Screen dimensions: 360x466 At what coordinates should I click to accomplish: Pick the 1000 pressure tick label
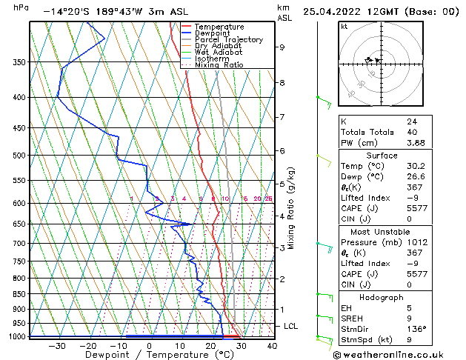[16, 336]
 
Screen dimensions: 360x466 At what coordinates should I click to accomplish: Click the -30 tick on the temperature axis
[57, 345]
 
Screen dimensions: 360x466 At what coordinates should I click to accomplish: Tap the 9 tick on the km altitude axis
[282, 47]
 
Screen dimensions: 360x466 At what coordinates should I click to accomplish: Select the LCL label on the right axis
[291, 326]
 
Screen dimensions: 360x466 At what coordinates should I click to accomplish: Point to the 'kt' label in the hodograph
[344, 27]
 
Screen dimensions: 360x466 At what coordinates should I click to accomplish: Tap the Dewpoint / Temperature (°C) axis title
[149, 356]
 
